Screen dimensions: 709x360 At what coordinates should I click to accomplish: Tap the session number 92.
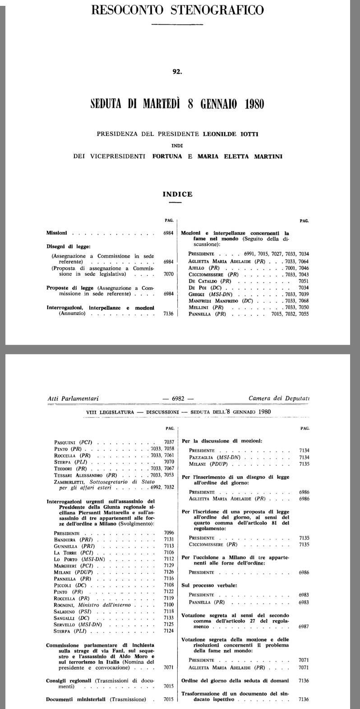[x=177, y=70]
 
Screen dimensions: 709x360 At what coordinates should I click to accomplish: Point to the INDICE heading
[x=177, y=194]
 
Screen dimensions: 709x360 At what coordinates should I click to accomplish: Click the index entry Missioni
[x=56, y=233]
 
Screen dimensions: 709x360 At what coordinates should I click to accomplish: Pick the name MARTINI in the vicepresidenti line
[x=271, y=156]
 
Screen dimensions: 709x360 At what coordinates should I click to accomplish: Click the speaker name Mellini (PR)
[x=207, y=307]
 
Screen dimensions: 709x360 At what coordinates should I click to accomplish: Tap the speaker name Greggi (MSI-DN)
[x=210, y=294]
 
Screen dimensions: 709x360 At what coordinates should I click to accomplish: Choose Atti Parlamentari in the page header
[x=73, y=399]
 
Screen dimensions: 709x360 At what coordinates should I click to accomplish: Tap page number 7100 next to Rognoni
[x=169, y=604]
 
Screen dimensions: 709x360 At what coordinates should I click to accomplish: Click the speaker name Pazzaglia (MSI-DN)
[x=214, y=457]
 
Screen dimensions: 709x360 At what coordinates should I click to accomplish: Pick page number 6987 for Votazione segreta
[x=304, y=627]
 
